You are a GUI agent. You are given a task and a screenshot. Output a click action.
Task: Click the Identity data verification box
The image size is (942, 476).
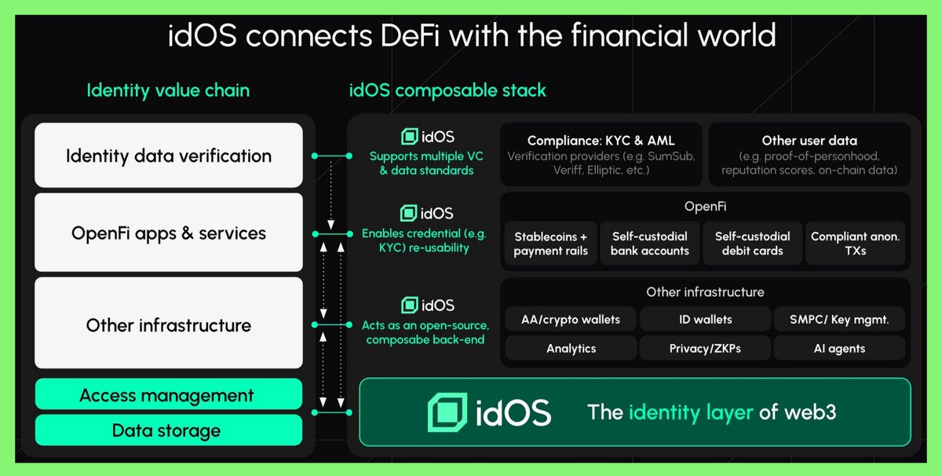coord(168,156)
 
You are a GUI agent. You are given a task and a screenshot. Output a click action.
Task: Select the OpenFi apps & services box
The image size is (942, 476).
coord(168,233)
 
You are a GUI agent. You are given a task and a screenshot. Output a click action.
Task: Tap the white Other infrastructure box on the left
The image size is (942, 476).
coord(168,324)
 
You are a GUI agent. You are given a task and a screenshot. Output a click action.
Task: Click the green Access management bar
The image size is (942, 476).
coord(168,394)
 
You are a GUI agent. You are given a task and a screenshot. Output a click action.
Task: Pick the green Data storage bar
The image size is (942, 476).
coord(168,430)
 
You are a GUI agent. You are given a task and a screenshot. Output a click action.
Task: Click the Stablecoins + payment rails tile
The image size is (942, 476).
coord(550,243)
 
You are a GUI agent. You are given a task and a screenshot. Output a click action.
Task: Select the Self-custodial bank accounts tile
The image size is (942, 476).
coord(650,243)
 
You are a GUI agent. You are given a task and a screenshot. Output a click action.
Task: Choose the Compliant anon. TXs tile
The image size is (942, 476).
coord(855,243)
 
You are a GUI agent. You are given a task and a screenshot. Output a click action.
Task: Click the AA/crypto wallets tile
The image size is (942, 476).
coord(571,319)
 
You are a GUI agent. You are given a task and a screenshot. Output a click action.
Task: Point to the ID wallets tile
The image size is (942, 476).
coord(705,319)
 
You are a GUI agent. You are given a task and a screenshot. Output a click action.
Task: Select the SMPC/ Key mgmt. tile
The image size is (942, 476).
coord(839,319)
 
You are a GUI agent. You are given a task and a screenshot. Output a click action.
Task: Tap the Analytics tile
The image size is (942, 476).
coord(571,348)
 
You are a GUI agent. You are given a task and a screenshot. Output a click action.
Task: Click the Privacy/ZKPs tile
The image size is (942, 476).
coord(705,348)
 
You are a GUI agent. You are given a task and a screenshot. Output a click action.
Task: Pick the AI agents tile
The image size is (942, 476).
coord(839,348)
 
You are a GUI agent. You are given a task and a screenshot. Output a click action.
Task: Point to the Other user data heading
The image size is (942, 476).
coord(809,141)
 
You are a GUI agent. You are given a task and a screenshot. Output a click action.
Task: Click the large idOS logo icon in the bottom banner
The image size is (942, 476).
coord(447,412)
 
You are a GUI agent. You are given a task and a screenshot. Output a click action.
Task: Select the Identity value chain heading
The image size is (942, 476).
coord(168,90)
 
